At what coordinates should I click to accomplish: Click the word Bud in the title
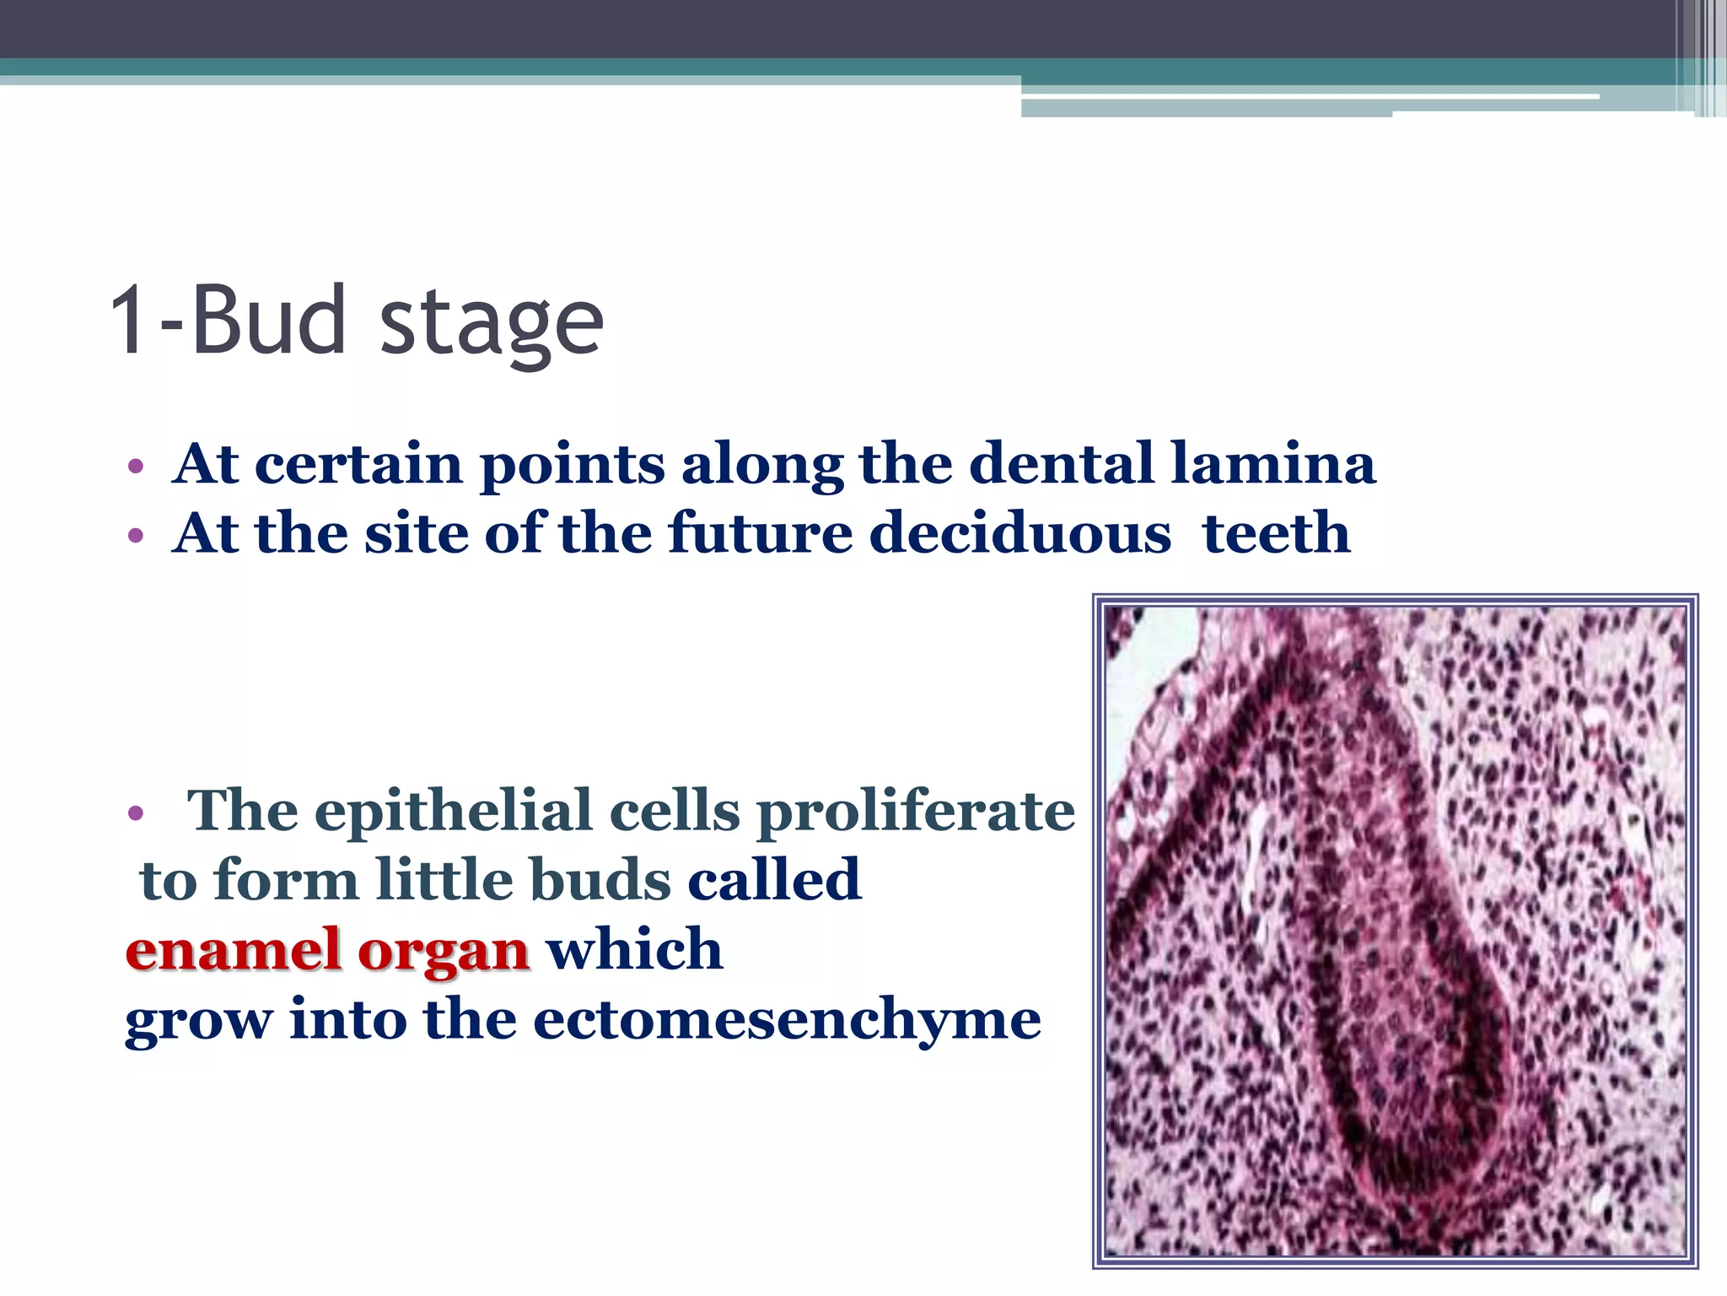[x=269, y=321]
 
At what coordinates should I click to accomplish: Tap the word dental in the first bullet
[x=1062, y=464]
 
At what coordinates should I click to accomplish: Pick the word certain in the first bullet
[x=358, y=464]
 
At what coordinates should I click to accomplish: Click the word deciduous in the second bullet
[x=1020, y=533]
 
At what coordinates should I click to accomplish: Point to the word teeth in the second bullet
[x=1277, y=533]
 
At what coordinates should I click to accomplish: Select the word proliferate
[x=916, y=812]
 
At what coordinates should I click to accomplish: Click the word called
[x=775, y=880]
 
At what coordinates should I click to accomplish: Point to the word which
[x=635, y=950]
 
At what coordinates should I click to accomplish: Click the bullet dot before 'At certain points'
[x=136, y=467]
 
